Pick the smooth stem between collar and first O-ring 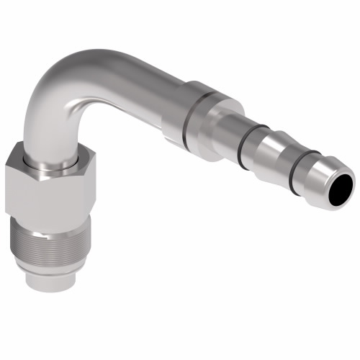click(x=227, y=130)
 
